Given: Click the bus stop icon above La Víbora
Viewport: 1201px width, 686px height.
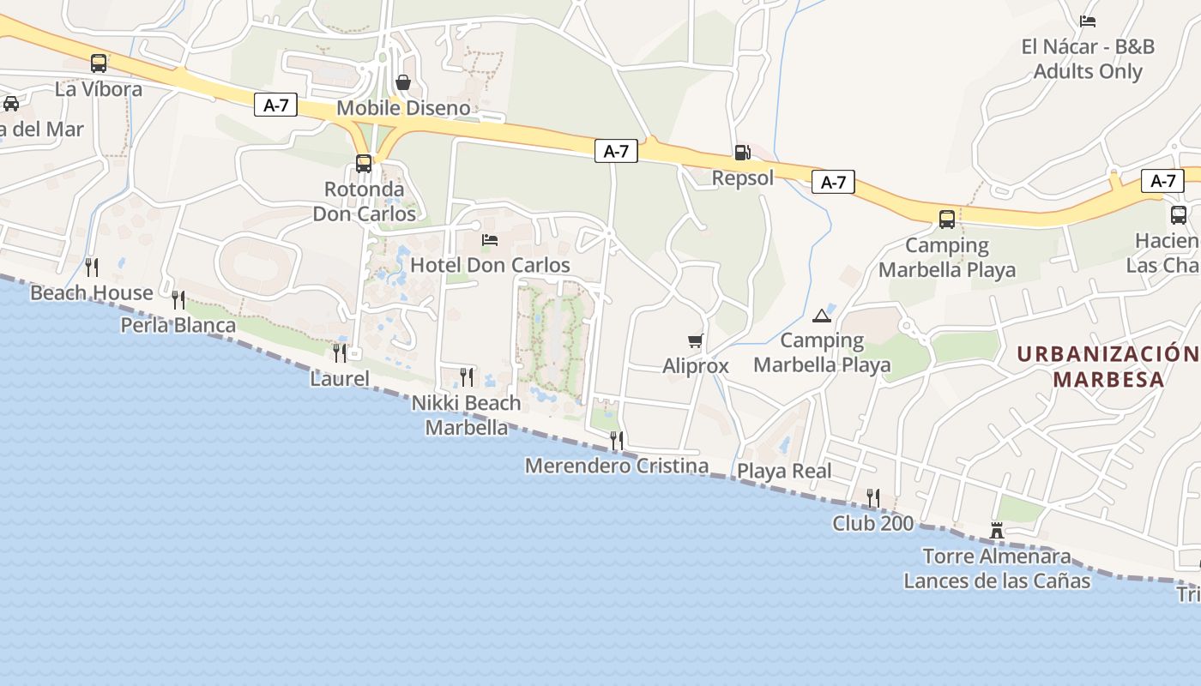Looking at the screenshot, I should (x=99, y=63).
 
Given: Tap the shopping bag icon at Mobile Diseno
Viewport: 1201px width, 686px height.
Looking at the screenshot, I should (x=403, y=82).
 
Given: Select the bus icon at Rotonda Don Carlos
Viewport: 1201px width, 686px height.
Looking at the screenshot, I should (x=364, y=164).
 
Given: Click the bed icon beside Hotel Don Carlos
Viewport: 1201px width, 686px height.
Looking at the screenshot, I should (x=490, y=239).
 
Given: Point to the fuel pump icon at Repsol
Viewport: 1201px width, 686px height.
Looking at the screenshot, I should (x=743, y=153).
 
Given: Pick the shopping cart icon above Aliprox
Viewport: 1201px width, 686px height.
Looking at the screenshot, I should (x=696, y=341).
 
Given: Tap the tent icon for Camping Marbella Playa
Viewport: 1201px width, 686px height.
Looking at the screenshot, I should (x=822, y=316).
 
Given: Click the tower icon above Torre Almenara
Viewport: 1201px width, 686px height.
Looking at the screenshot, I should (x=997, y=531).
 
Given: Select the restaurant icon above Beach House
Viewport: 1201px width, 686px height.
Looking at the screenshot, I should (x=92, y=267).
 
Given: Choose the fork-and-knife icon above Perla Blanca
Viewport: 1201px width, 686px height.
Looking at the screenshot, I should (x=178, y=299).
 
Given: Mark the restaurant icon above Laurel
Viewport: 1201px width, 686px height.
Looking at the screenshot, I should (x=340, y=352).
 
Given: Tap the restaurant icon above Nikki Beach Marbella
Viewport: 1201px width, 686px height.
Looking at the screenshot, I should (x=467, y=376).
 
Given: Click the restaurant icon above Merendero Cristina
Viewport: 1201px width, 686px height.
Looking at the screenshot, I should (x=617, y=441).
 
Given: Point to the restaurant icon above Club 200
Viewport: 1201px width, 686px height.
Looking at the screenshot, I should (x=873, y=497).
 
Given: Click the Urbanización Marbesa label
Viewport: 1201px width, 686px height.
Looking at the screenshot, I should (x=1107, y=366).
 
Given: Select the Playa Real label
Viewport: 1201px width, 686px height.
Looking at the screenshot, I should (x=784, y=471).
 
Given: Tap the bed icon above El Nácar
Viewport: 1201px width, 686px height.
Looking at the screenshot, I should (x=1088, y=21).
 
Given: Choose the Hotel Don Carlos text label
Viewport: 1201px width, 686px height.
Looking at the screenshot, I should (x=490, y=265).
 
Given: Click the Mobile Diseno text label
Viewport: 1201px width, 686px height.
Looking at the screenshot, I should (x=403, y=108).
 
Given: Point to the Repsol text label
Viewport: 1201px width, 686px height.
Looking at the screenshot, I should (x=743, y=178).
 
